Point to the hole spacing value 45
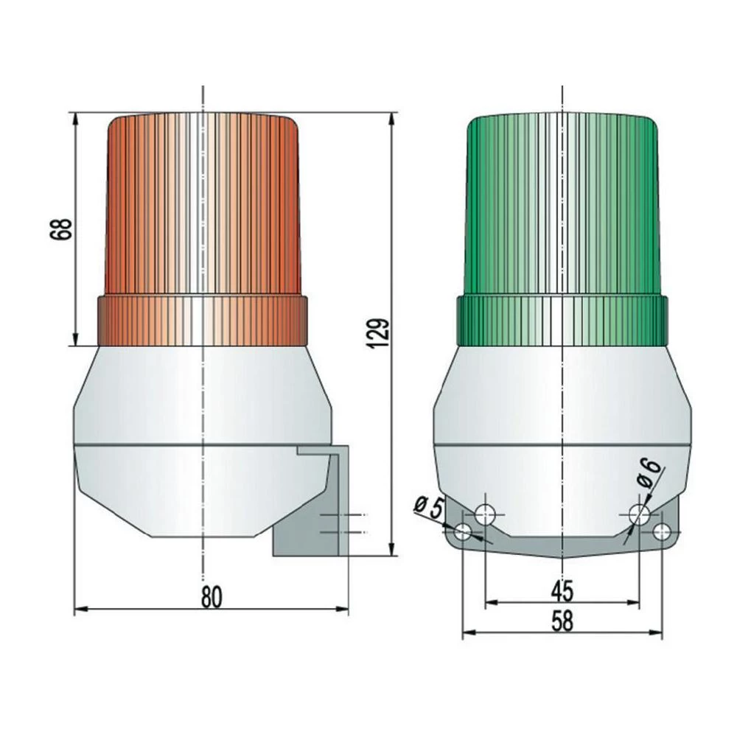562,591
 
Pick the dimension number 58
562,622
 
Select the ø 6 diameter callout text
651,472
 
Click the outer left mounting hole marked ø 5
464,531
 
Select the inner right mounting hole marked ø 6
639,514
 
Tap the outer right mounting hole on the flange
662,531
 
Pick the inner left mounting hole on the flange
485,514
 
